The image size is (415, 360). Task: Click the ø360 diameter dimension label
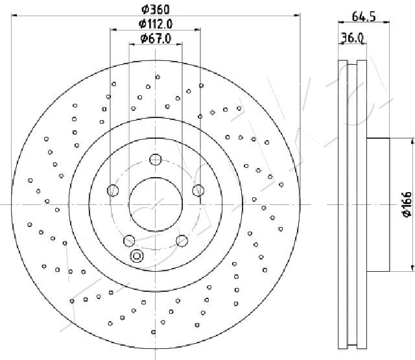(156, 10)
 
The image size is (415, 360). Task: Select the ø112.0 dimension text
(156, 24)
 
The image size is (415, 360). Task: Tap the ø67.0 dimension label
(156, 38)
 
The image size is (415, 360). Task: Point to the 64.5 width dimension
(364, 17)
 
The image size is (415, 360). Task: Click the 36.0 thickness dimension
(352, 38)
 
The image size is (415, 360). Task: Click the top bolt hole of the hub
(156, 160)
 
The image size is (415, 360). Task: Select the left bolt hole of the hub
(113, 191)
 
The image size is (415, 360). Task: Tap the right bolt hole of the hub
(198, 191)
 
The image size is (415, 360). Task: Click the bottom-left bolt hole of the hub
(129, 241)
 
